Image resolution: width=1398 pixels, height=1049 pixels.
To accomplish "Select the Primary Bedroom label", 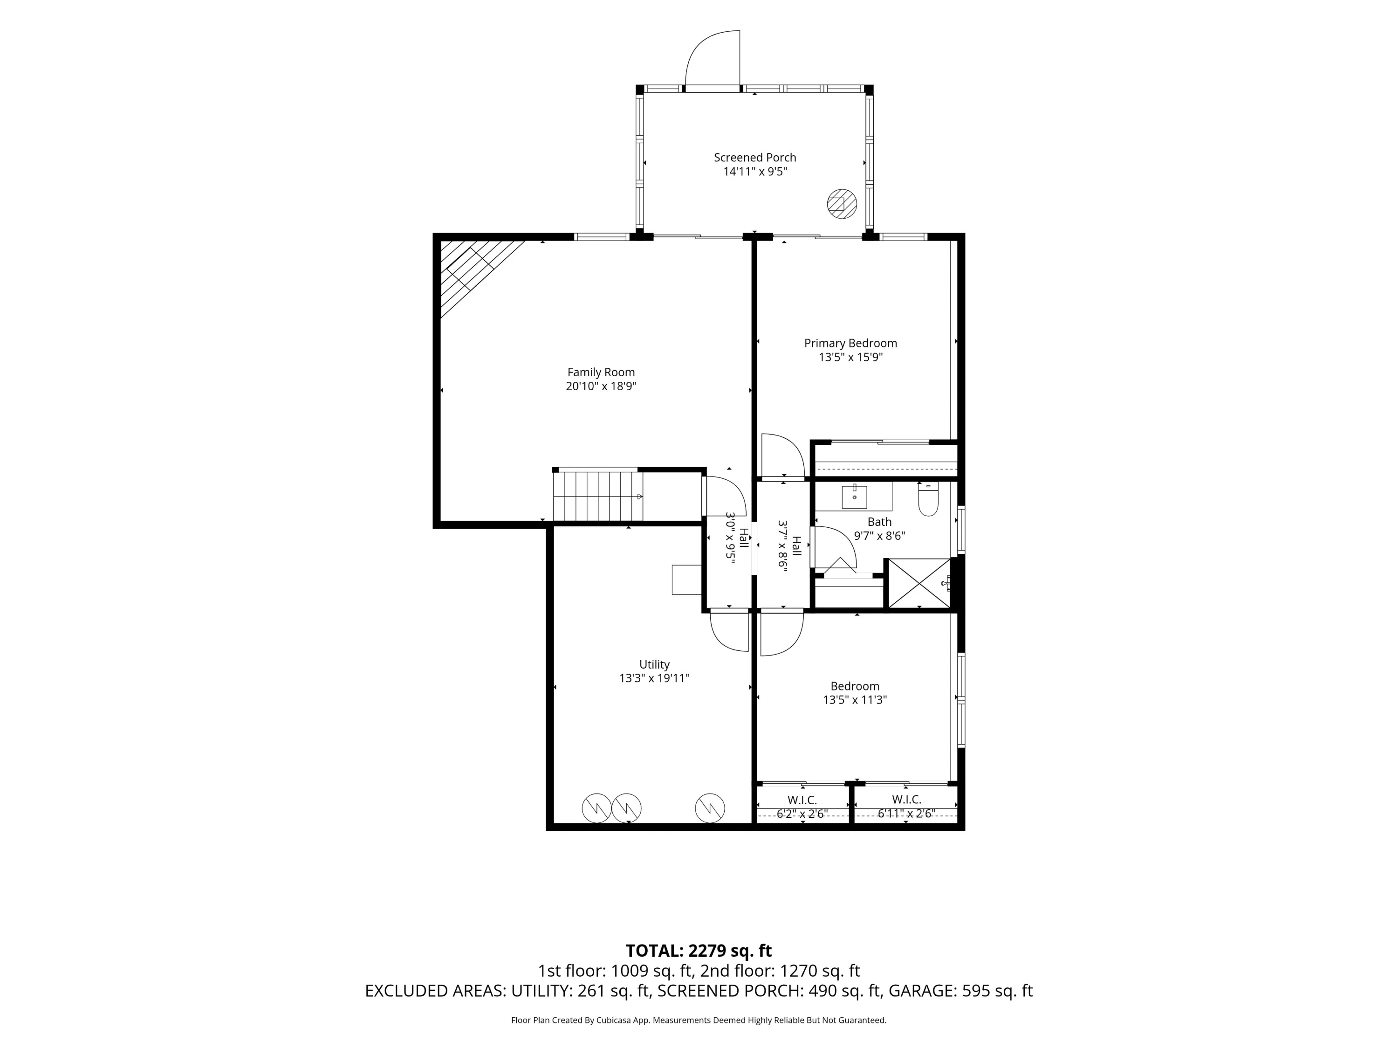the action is pos(850,343).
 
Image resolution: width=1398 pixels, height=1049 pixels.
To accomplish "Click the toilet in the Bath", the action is pos(928,499).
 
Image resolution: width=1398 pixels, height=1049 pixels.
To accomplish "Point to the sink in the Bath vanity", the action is pos(855,497).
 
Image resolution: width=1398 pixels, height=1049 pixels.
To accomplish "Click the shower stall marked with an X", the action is pos(919,584).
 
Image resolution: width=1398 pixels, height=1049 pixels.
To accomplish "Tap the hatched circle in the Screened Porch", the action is pos(843,204).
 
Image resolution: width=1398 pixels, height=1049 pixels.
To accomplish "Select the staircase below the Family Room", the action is pos(598,497).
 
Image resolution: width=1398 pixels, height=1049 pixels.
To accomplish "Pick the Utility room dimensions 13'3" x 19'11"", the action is pos(654,678).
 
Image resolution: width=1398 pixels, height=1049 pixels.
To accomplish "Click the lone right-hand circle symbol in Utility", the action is pos(710,808).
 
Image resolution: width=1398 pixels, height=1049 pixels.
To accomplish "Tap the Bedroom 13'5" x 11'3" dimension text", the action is pos(855,700).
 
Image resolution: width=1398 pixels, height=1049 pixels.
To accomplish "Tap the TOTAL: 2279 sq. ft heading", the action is pos(699,951).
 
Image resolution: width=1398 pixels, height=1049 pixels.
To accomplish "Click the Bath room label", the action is pos(879,522).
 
